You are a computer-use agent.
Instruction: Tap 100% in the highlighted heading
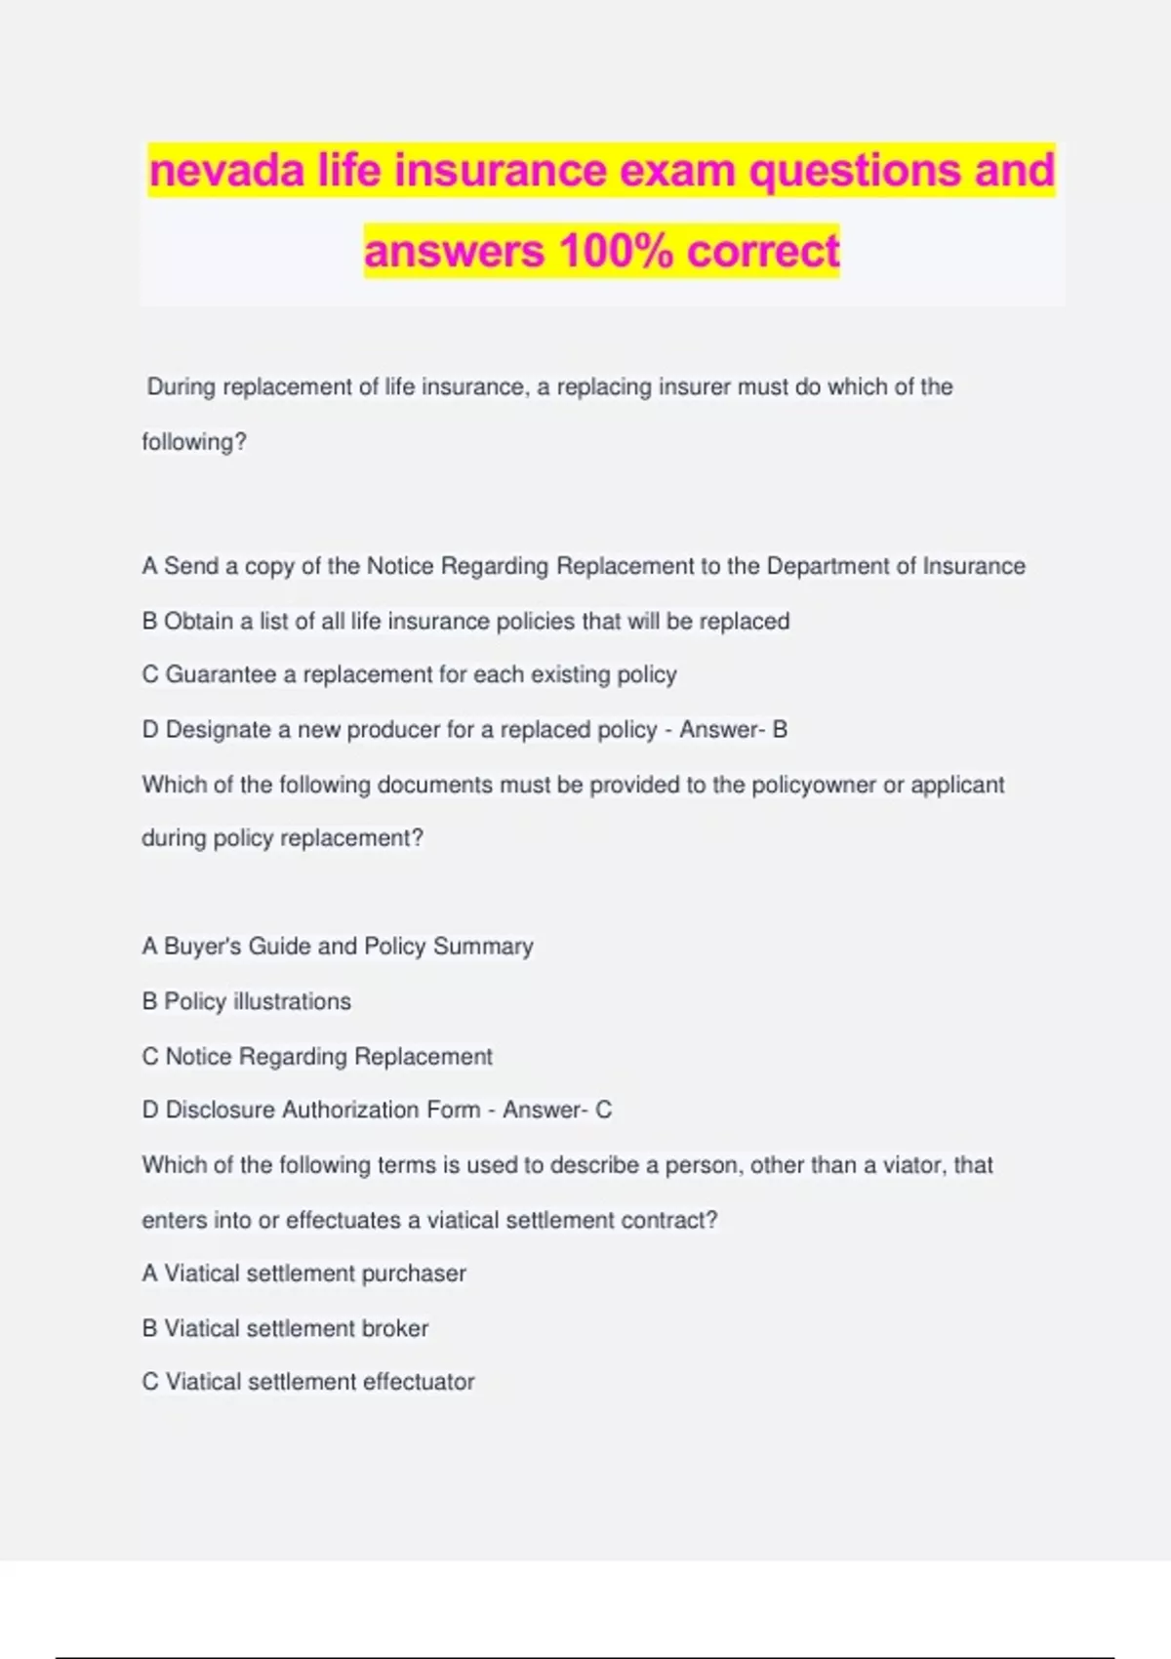[616, 252]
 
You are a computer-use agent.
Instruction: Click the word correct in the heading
[763, 252]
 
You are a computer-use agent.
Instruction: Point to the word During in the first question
[181, 387]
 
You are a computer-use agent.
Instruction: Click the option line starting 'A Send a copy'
[583, 567]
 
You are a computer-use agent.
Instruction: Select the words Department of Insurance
[896, 567]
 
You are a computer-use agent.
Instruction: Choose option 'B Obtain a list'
[465, 622]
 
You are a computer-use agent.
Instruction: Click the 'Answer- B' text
[733, 730]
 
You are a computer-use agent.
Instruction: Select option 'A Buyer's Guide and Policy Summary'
[338, 947]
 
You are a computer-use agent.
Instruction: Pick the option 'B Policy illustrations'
[246, 1002]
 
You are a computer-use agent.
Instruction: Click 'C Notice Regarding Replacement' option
[317, 1057]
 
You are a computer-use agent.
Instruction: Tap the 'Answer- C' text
[557, 1111]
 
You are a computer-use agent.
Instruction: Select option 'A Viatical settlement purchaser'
[303, 1274]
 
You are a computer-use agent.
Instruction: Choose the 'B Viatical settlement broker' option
[285, 1329]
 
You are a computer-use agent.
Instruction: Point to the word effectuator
[419, 1383]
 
